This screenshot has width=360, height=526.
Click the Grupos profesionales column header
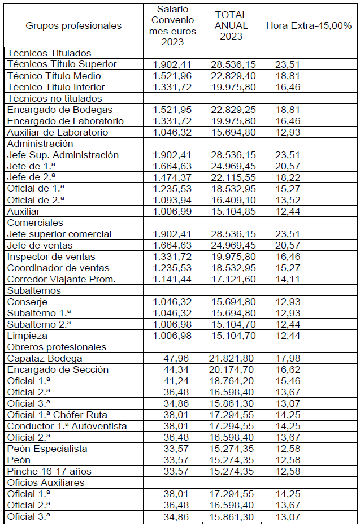coord(73,25)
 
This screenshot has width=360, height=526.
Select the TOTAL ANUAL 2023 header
coord(231,25)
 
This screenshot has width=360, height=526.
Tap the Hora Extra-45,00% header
coord(309,25)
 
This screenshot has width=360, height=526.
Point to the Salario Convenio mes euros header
coord(172,25)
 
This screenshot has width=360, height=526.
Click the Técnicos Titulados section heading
coord(49,53)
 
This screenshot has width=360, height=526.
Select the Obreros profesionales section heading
coord(57,347)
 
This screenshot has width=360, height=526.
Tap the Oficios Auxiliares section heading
coord(46,482)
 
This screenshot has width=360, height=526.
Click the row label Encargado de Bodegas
coord(60,110)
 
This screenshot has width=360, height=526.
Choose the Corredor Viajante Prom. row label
coord(62,279)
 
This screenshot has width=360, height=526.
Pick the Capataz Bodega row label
coord(45,358)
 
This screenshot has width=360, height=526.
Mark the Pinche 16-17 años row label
coord(49,471)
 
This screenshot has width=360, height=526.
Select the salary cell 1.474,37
coord(172,177)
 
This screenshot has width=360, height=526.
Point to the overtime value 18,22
coord(288,177)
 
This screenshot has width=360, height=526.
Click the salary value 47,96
coord(180,358)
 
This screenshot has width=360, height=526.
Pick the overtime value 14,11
coord(288,279)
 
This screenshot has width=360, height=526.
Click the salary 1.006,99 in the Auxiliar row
coord(172,211)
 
